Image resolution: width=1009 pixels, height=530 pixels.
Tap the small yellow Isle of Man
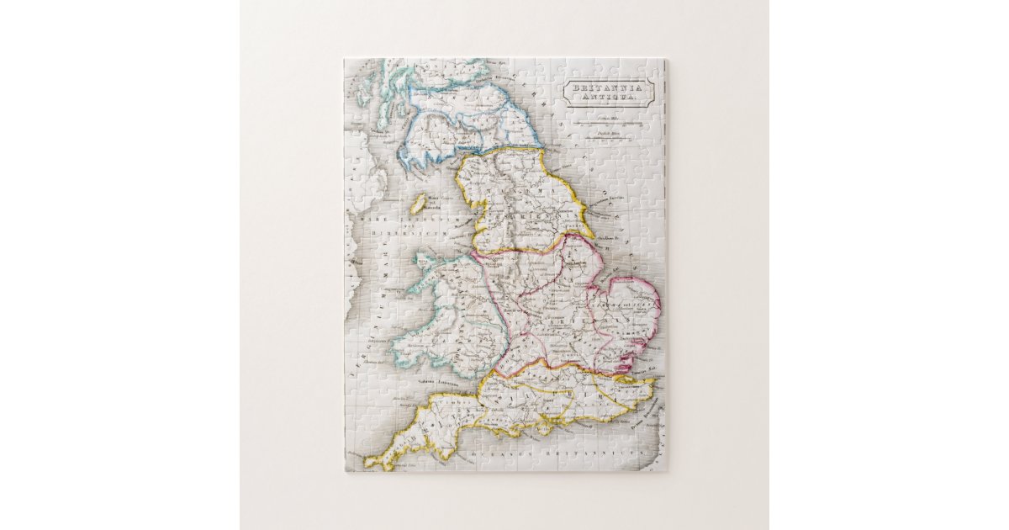(418, 203)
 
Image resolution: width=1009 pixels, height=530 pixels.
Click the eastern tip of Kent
(653, 384)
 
